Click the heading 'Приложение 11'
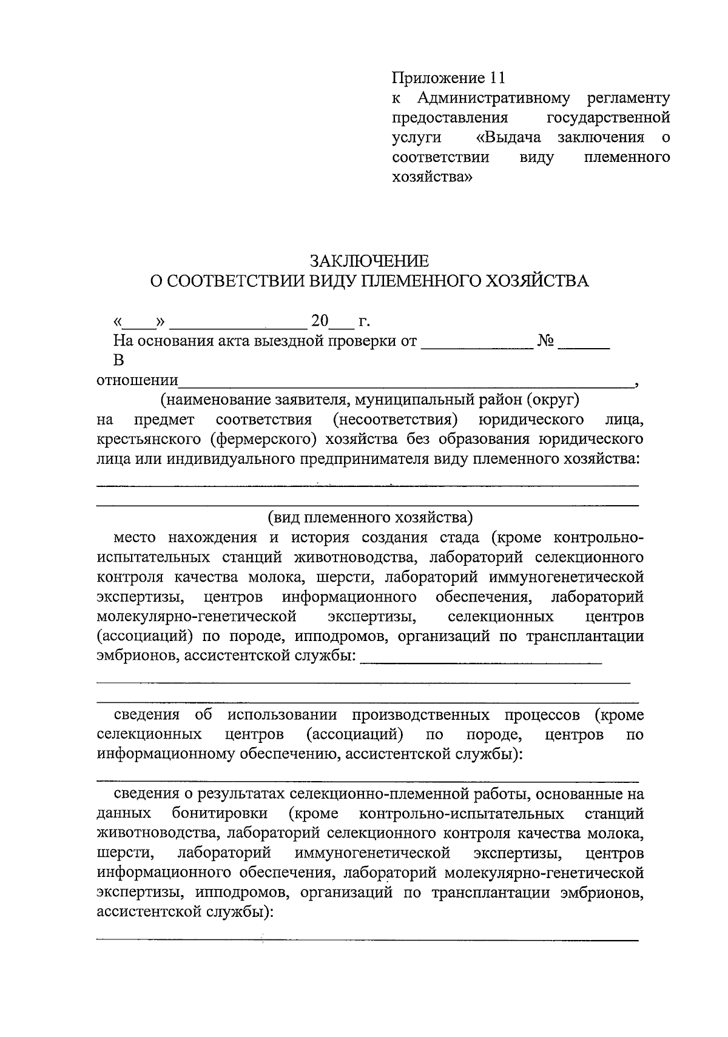click(x=448, y=78)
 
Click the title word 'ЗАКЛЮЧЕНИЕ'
click(x=369, y=261)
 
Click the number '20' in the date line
click(x=320, y=320)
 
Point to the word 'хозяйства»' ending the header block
click(x=432, y=177)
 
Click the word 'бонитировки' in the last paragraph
click(x=220, y=813)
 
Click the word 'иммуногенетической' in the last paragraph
click(x=372, y=853)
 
